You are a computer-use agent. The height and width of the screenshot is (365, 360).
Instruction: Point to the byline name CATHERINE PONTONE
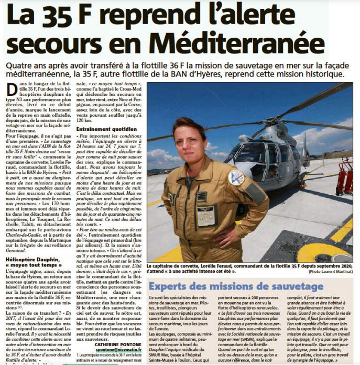click(117, 345)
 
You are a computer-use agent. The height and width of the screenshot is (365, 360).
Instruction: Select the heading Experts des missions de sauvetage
click(236, 286)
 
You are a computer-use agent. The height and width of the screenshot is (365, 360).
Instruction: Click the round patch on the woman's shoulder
click(236, 178)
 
